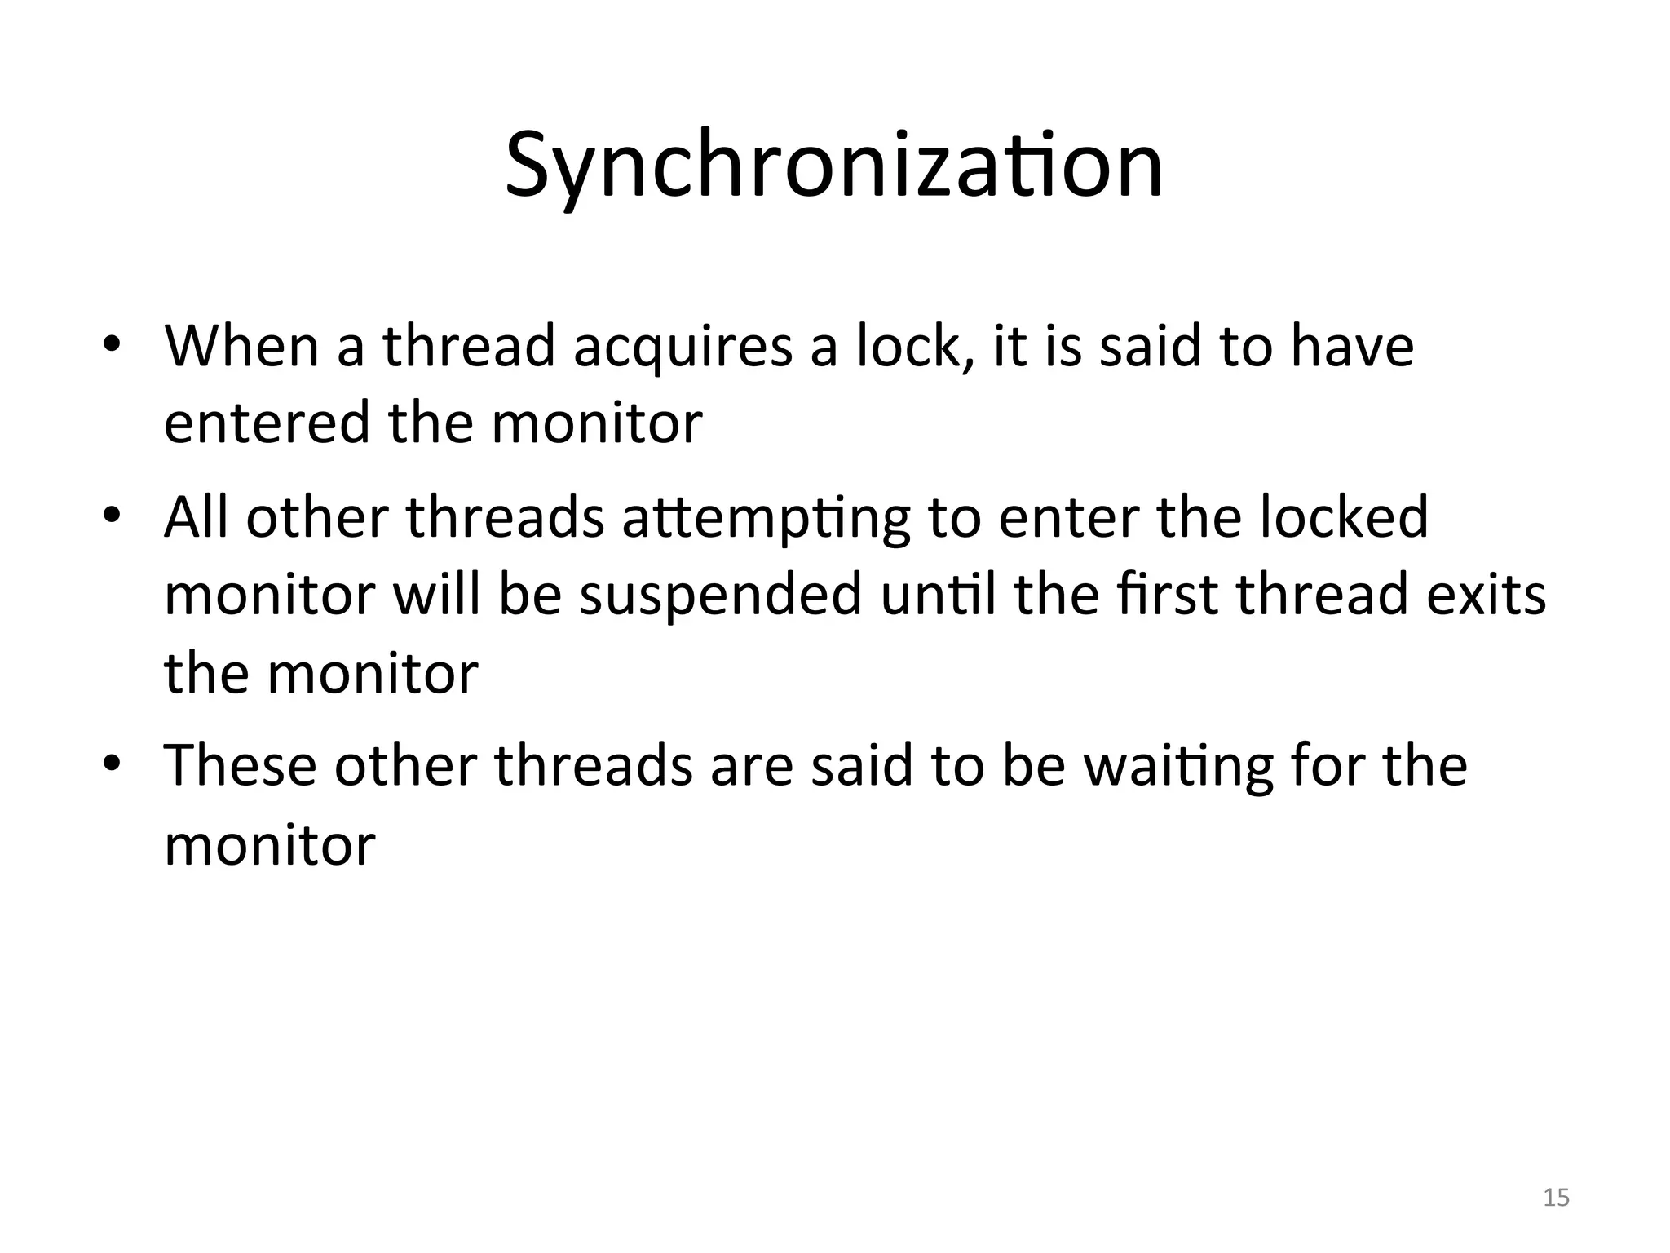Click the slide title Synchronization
pyautogui.click(x=833, y=167)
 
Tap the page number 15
pyautogui.click(x=1557, y=1198)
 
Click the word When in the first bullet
pyautogui.click(x=241, y=345)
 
